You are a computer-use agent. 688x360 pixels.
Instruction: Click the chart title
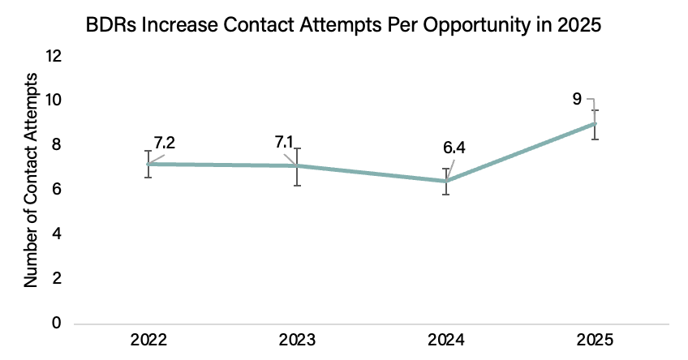pos(343,25)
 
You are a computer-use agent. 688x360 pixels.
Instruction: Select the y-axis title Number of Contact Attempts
pos(31,180)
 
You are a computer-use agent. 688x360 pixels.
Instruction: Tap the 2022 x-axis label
pos(148,341)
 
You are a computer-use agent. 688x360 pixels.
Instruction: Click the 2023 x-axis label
pos(297,341)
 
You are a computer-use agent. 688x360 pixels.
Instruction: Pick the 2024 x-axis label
pos(445,341)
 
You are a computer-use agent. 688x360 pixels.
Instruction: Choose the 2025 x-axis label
pos(595,341)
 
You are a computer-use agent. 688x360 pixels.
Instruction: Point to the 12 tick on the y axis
pos(54,56)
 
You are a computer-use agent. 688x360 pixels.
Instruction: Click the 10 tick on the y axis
pos(54,101)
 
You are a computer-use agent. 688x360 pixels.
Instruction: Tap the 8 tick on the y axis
pos(57,144)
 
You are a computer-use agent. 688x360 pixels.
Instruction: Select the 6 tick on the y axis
pos(57,190)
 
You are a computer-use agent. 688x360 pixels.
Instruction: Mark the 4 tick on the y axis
pos(57,234)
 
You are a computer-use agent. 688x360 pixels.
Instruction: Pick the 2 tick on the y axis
pos(57,278)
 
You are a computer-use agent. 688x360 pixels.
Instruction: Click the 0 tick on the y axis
pos(57,323)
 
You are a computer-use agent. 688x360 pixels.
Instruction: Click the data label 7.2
pos(165,143)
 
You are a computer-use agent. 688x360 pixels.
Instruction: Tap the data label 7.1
pos(284,142)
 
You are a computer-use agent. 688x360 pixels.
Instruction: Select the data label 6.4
pos(454,148)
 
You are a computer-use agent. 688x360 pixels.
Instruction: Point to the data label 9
pos(577,99)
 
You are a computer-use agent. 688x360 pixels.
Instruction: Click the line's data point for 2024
pos(446,181)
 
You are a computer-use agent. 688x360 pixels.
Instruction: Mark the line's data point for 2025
pos(595,124)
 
